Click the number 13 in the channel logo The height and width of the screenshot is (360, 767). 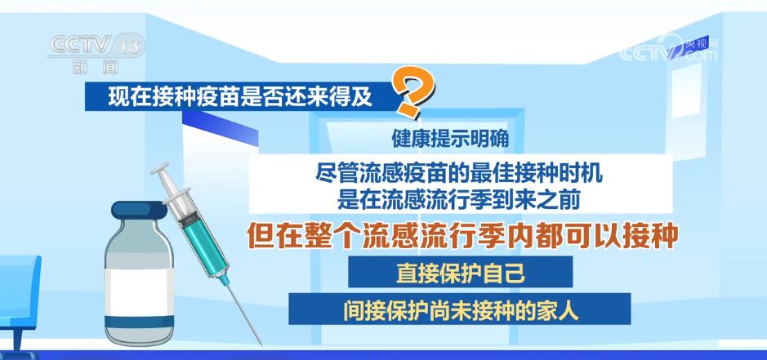(129, 44)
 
